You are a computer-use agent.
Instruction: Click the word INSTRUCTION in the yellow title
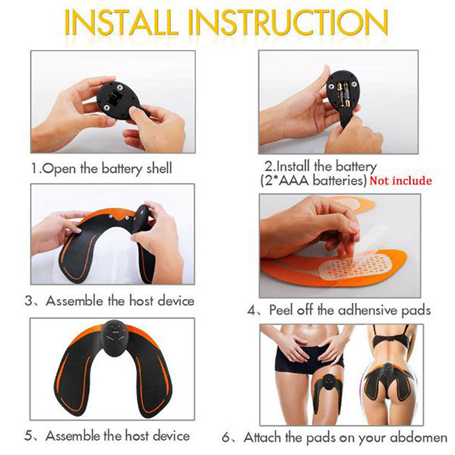[288, 23]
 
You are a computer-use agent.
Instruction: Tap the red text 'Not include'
[401, 181]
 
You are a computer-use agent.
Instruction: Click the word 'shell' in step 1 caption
[159, 168]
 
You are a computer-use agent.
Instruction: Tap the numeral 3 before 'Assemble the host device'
[28, 301]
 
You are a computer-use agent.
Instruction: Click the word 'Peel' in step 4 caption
[281, 310]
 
